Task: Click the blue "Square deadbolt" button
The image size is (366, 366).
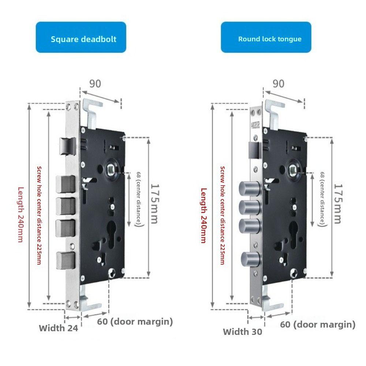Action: coord(81,37)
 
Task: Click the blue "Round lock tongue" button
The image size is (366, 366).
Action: coord(266,37)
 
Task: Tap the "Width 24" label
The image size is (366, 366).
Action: coord(58,328)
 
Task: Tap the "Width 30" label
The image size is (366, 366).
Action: coord(243,332)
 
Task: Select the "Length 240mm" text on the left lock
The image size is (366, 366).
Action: coord(21,215)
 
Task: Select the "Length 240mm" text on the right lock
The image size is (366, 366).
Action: coord(204,216)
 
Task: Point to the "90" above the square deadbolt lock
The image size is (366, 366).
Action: coord(95,84)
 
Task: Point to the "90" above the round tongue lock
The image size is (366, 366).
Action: coord(279,84)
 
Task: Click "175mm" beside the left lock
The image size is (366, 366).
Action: coord(154,204)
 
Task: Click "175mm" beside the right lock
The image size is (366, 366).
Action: coord(338,204)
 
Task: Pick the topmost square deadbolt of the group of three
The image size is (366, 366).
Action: coord(66,184)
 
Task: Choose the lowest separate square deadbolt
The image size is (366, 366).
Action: coord(66,260)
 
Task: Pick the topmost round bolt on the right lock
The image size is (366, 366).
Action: coord(249,188)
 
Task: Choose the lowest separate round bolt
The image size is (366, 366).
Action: coord(251,260)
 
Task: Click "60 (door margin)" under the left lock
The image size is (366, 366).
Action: coord(135,321)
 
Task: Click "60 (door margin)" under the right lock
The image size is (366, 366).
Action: coord(318,324)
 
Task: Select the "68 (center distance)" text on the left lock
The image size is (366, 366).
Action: coord(139,199)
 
